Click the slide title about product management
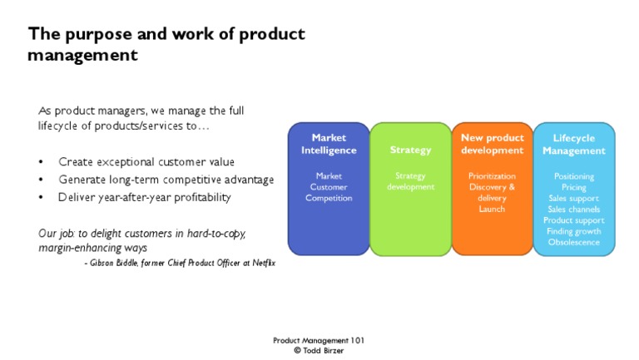166,44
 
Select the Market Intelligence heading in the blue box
328,144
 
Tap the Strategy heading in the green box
410,150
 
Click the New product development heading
492,144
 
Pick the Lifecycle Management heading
573,144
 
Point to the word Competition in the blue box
328,198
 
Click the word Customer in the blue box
328,187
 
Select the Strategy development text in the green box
410,181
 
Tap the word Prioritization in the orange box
492,176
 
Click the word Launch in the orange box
492,209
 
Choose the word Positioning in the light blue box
573,176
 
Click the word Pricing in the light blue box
573,187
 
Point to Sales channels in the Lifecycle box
573,209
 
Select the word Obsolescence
573,241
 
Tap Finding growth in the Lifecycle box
573,230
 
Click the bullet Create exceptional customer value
146,161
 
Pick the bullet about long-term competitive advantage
166,180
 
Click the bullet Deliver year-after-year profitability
145,197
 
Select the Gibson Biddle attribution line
180,263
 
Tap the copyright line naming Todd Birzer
319,351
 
